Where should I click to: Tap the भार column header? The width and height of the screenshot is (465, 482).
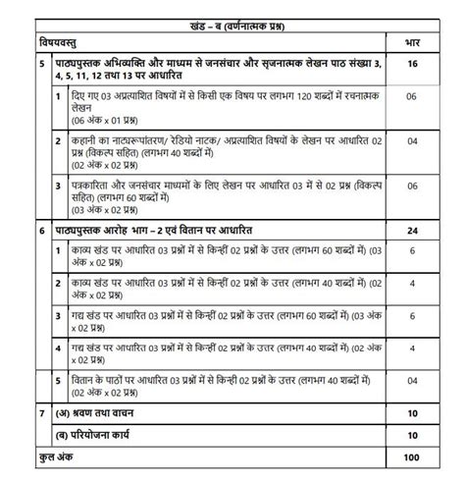click(x=412, y=43)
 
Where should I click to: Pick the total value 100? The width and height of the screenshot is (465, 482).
click(x=412, y=457)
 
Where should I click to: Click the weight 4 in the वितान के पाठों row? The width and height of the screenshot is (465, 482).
click(x=412, y=385)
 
